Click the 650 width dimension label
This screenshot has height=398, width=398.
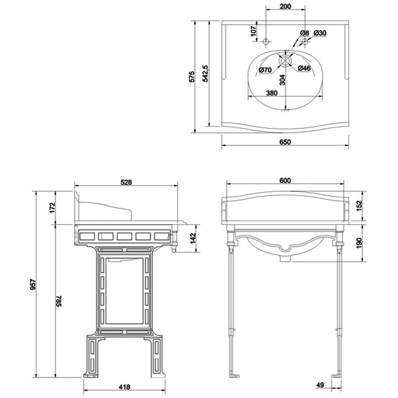(x=285, y=142)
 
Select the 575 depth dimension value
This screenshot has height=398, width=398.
(x=192, y=77)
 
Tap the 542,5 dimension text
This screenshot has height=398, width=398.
(x=205, y=74)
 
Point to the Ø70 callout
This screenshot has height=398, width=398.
(x=265, y=70)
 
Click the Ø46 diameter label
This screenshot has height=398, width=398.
(x=304, y=68)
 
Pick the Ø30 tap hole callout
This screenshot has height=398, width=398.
(x=320, y=33)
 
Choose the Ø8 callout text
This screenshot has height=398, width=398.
(x=304, y=33)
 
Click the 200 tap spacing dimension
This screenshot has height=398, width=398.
(x=285, y=6)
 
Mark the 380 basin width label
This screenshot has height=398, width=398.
(x=272, y=93)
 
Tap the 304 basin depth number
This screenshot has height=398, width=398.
(x=282, y=80)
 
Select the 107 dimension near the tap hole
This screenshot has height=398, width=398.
(x=254, y=31)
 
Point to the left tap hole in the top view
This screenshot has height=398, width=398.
(x=266, y=41)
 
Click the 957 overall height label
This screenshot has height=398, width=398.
(x=33, y=284)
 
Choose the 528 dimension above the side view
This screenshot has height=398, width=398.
(x=126, y=182)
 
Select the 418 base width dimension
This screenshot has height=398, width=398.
(x=124, y=387)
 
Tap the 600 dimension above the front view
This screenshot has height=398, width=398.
(x=285, y=181)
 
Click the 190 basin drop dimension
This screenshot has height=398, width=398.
(x=359, y=243)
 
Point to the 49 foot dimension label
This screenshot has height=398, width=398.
(x=320, y=385)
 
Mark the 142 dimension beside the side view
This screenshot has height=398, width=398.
(x=193, y=238)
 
